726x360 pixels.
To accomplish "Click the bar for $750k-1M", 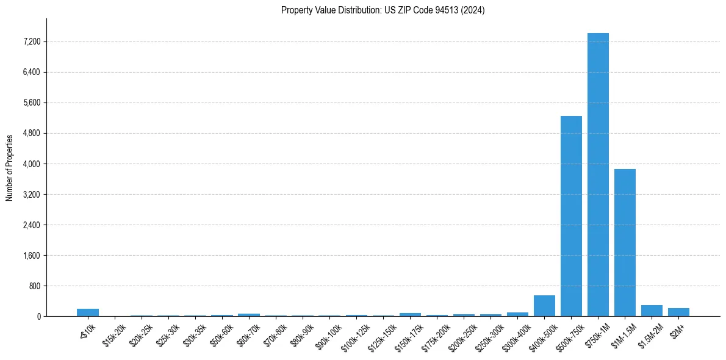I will point(598,175).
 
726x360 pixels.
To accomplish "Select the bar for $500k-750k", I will point(571,216).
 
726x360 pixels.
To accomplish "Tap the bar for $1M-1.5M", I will point(625,242).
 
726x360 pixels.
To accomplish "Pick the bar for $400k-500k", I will point(544,306).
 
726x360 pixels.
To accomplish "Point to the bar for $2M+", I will point(678,312).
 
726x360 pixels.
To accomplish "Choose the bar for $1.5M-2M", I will point(652,311).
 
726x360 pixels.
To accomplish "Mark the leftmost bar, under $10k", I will point(88,312).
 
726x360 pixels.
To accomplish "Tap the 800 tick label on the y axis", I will point(35,286).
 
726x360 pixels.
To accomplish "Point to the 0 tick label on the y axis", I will point(38,317).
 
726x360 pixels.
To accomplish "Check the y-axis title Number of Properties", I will point(9,168).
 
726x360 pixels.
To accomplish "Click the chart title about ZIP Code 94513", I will point(383,10).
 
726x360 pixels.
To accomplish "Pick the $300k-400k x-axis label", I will point(517,334).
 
